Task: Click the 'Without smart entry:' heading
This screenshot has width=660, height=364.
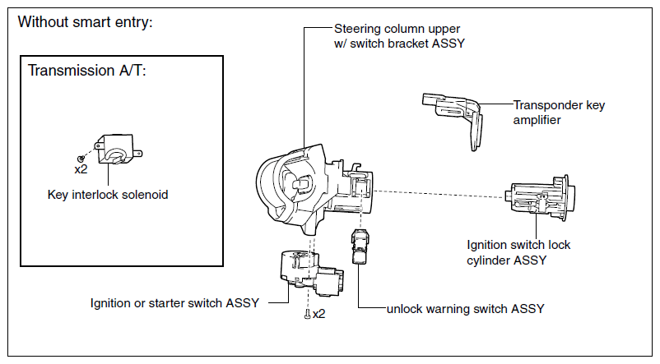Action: (85, 22)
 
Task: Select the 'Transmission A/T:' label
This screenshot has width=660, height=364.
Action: (86, 70)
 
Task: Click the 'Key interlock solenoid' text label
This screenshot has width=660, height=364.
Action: (108, 195)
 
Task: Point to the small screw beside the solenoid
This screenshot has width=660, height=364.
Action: (81, 159)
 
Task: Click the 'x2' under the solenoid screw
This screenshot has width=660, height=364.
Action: (81, 169)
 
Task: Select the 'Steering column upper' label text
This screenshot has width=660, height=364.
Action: (397, 29)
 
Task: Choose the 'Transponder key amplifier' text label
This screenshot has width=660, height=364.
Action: (559, 113)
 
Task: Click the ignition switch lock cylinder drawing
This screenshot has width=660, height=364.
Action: (540, 197)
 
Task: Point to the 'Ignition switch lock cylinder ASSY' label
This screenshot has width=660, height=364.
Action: (518, 252)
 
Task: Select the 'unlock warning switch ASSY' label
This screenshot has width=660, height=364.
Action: (466, 309)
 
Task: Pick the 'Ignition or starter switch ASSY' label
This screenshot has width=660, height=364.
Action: (174, 303)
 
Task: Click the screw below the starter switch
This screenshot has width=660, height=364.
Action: (308, 314)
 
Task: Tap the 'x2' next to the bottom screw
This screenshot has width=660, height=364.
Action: (319, 314)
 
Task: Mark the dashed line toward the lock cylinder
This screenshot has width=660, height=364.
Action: (439, 194)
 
